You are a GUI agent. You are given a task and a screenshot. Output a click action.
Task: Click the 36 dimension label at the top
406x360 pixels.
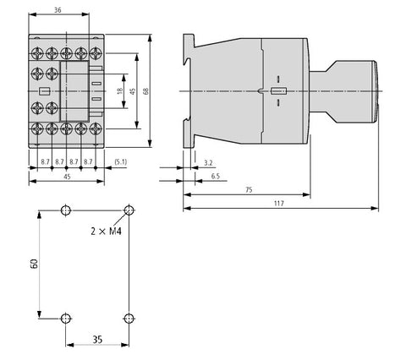pyautogui.click(x=58, y=10)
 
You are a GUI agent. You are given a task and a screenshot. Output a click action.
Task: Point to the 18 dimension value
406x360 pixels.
pyautogui.click(x=120, y=91)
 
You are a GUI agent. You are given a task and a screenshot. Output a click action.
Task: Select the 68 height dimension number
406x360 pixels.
pyautogui.click(x=146, y=91)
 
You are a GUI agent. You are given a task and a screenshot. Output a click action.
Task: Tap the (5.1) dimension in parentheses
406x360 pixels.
pyautogui.click(x=121, y=162)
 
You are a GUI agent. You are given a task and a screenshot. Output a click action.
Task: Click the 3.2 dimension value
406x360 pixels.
pyautogui.click(x=208, y=163)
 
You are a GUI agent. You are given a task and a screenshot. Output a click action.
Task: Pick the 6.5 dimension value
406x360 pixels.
pyautogui.click(x=216, y=176)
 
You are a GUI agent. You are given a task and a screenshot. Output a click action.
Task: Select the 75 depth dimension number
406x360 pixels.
pyautogui.click(x=249, y=190)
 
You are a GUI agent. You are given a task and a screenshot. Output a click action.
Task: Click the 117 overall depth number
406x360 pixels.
pyautogui.click(x=279, y=203)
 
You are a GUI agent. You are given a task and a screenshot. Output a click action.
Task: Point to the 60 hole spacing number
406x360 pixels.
pyautogui.click(x=34, y=264)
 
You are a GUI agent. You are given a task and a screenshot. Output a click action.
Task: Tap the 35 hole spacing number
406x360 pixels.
pyautogui.click(x=97, y=340)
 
